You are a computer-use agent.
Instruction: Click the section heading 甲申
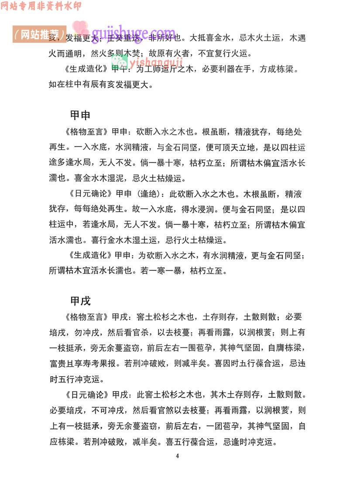tap(80, 115)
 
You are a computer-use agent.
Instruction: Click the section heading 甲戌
tap(80, 301)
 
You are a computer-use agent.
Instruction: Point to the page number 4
tap(178, 456)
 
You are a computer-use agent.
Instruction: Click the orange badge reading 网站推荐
tap(39, 34)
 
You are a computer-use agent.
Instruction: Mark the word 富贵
tap(58, 363)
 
